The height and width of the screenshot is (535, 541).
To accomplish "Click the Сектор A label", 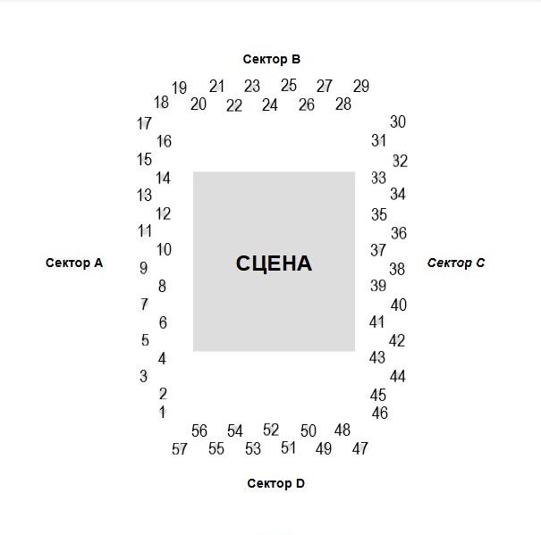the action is tap(74, 263).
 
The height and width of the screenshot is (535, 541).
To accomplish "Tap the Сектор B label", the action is tap(272, 59).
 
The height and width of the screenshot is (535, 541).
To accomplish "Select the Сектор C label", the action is tap(456, 263).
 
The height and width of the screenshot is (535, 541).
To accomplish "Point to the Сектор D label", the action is tap(276, 483).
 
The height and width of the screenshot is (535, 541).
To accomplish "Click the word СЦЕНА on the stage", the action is tap(274, 263).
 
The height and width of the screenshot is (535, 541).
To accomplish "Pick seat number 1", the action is tap(163, 412).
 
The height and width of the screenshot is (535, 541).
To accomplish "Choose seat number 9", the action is tap(144, 268).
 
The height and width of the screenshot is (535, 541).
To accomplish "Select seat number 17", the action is tap(144, 123).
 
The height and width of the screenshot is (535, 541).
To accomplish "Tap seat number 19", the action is tap(180, 88).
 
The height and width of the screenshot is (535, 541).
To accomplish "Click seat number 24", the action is tap(270, 104).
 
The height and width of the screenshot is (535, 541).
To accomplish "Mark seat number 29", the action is tap(361, 86).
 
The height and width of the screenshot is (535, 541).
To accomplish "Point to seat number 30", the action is tap(398, 121).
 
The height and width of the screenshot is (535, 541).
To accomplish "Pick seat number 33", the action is tap(378, 178).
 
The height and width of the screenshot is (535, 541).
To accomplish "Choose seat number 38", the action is tap(397, 269).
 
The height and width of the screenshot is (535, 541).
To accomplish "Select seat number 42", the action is tap(397, 340).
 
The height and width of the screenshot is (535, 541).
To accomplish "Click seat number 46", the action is tap(380, 413).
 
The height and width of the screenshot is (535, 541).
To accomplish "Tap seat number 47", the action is tap(359, 448).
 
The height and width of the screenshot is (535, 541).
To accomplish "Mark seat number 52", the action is tap(271, 430).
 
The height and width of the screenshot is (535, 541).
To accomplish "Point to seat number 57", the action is tap(180, 449).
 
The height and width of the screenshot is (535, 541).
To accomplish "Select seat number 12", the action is tap(164, 213).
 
